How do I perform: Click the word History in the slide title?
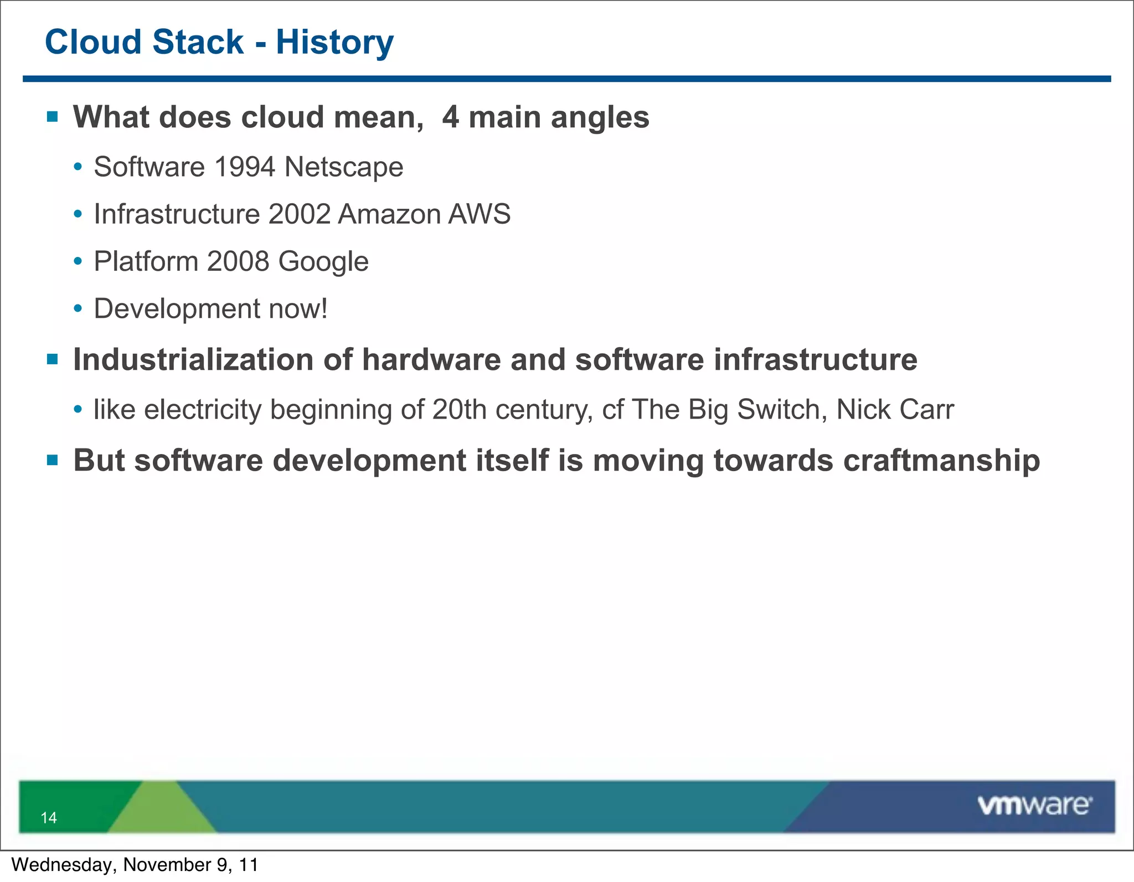click(x=334, y=43)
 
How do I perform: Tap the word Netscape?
click(x=343, y=167)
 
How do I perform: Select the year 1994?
click(x=244, y=167)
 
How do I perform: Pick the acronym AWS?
click(x=479, y=214)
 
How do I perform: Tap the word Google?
click(x=323, y=262)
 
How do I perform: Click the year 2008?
click(x=238, y=261)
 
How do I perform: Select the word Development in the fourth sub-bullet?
click(x=177, y=309)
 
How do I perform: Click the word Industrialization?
click(x=193, y=360)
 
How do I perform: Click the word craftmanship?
click(x=941, y=461)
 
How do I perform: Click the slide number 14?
click(x=49, y=818)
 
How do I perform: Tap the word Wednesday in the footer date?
click(x=61, y=865)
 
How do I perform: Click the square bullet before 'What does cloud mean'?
click(x=53, y=116)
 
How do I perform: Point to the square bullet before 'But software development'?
click(x=53, y=460)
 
